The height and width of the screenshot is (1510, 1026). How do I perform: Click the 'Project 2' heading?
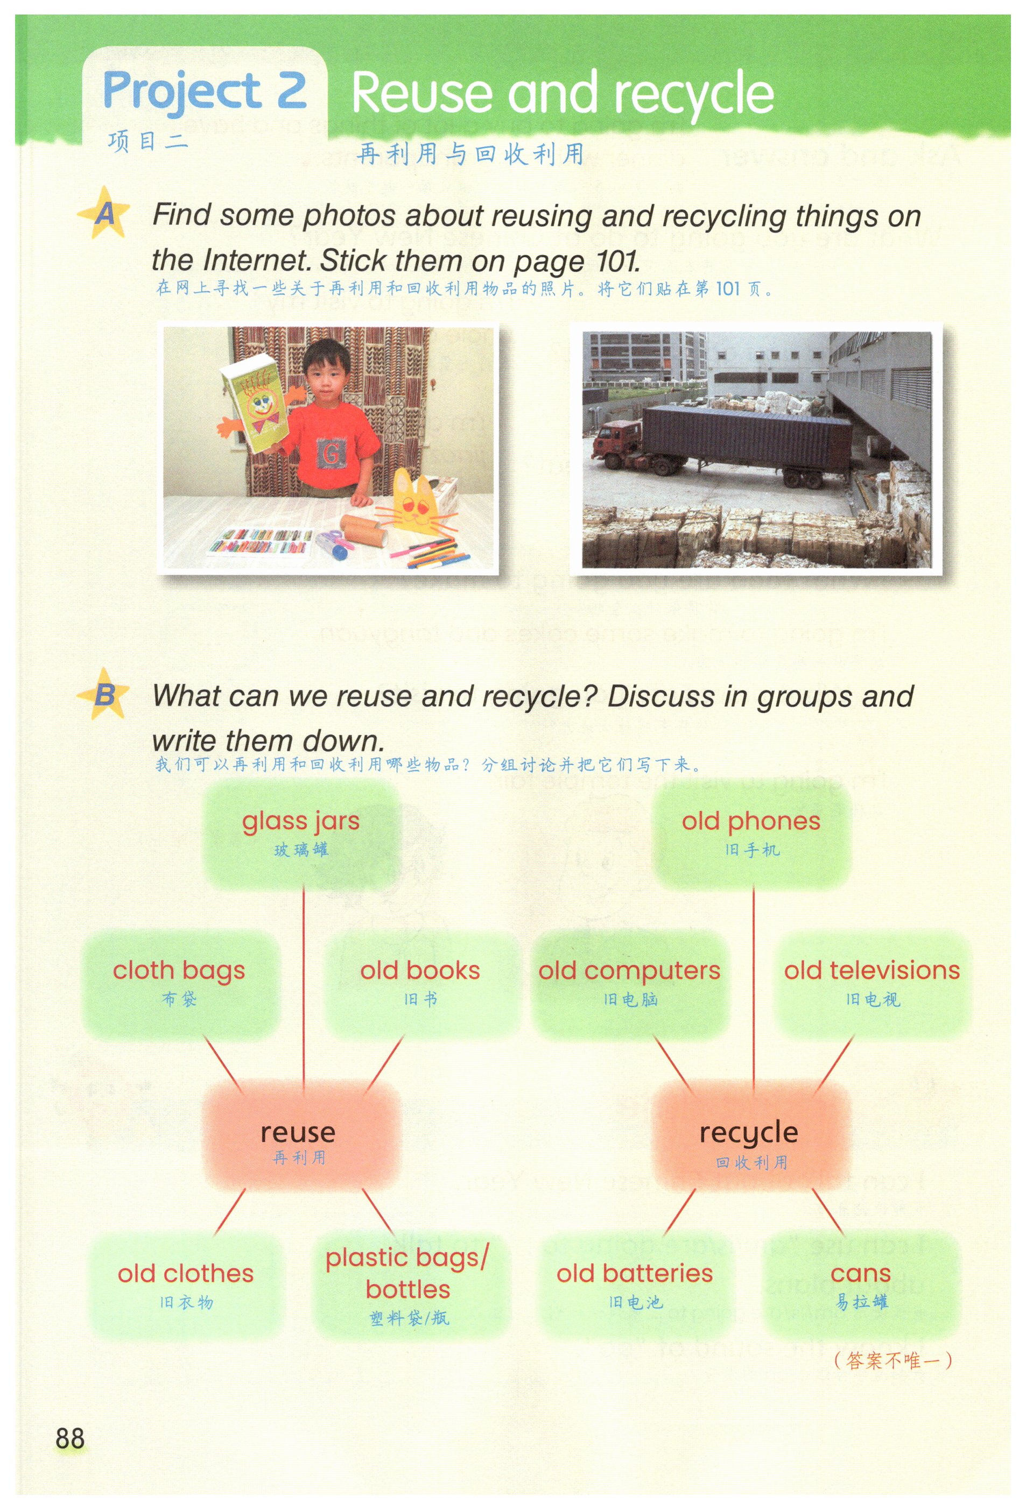coord(204,91)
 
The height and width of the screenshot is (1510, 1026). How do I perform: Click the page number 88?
coord(69,1438)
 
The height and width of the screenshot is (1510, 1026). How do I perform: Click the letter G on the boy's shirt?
coord(330,452)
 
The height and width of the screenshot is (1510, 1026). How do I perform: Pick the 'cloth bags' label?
coord(179,971)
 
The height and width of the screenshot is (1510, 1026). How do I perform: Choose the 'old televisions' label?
coord(872,970)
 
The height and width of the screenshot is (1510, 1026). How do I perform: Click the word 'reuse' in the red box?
coord(298,1132)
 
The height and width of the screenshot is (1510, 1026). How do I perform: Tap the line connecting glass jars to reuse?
coord(304,986)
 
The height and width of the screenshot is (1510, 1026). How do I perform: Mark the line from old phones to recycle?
coord(754,987)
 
